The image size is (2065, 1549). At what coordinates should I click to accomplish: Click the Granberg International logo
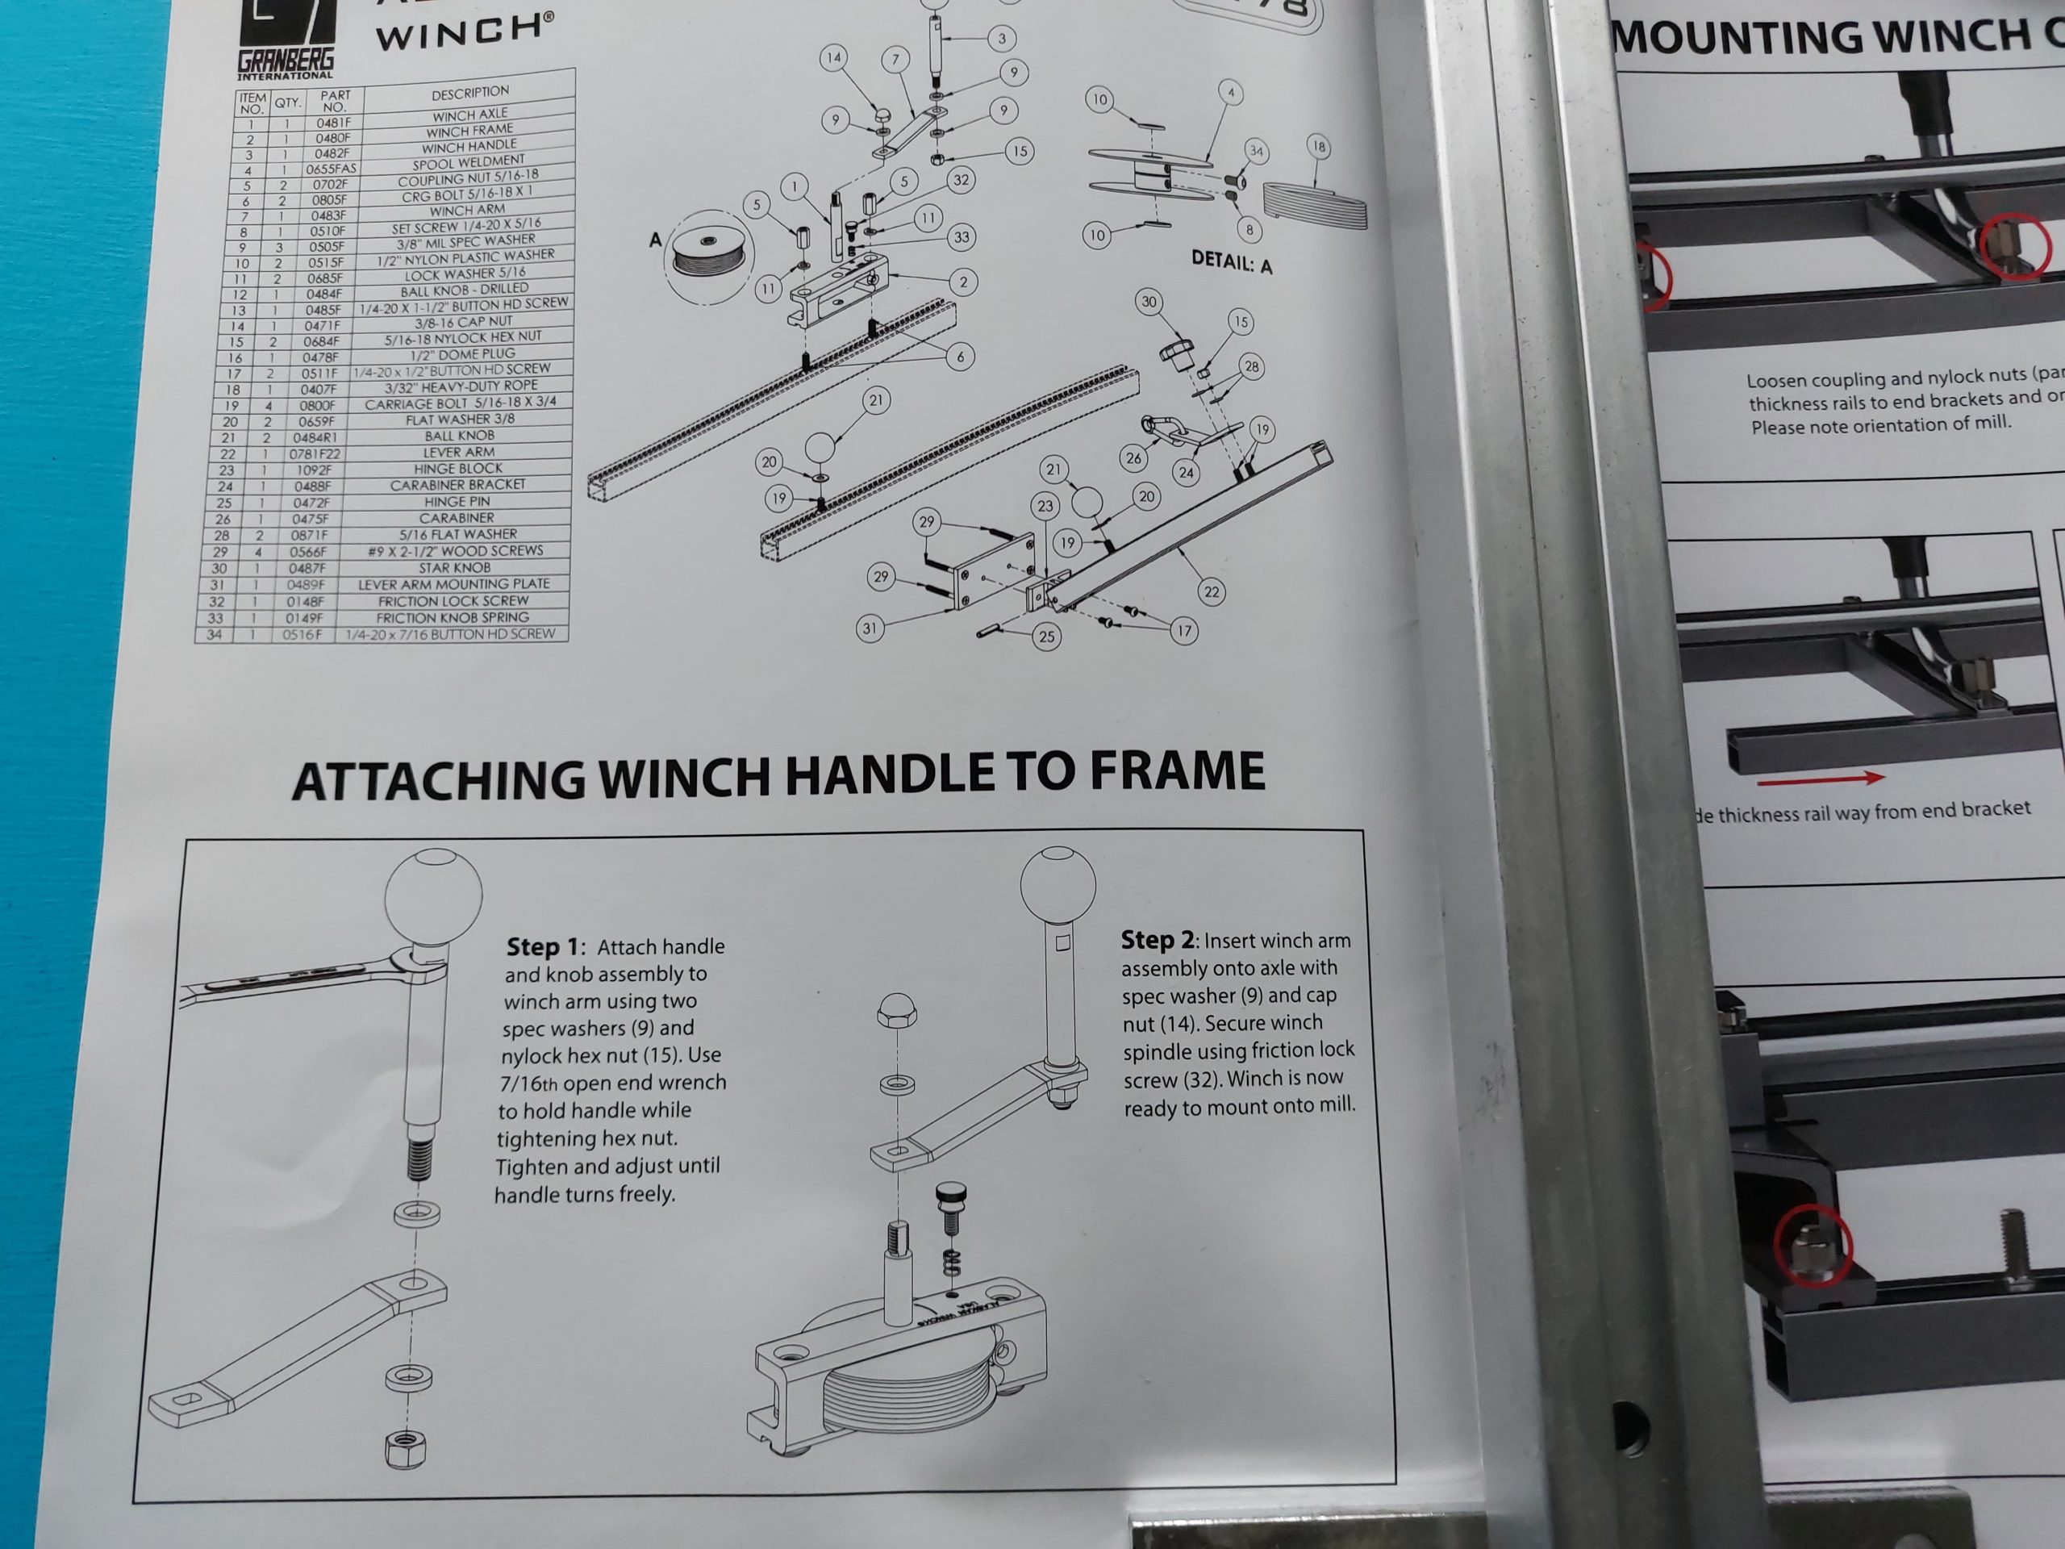point(286,37)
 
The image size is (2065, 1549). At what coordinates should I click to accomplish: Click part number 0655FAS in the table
point(332,169)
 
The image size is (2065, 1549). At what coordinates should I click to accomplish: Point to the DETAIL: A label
point(1232,262)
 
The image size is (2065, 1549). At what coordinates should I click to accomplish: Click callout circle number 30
point(1149,302)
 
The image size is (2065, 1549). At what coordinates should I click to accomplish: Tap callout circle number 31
point(869,628)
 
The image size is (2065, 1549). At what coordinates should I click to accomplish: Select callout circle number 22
point(1211,591)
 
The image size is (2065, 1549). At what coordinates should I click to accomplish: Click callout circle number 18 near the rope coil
point(1317,147)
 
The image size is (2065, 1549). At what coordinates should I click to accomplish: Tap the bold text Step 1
point(544,947)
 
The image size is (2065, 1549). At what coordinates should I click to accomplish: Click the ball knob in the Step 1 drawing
point(433,897)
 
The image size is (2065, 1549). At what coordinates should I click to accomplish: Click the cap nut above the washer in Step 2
point(896,1010)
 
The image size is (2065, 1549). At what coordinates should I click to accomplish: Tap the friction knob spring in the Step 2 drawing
point(950,1262)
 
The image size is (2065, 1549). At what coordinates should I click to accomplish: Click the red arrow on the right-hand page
point(1820,778)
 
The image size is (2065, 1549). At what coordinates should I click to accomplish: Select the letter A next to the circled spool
point(655,240)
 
